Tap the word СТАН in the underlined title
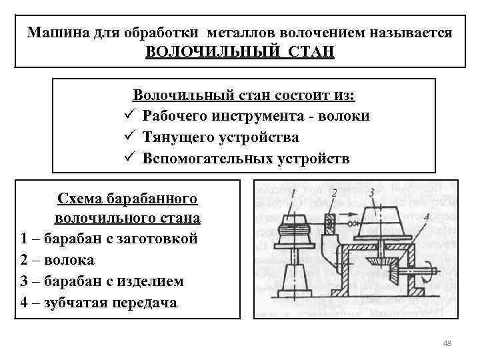311,52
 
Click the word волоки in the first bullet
347,116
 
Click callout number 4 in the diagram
425,218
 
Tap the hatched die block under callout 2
329,223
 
